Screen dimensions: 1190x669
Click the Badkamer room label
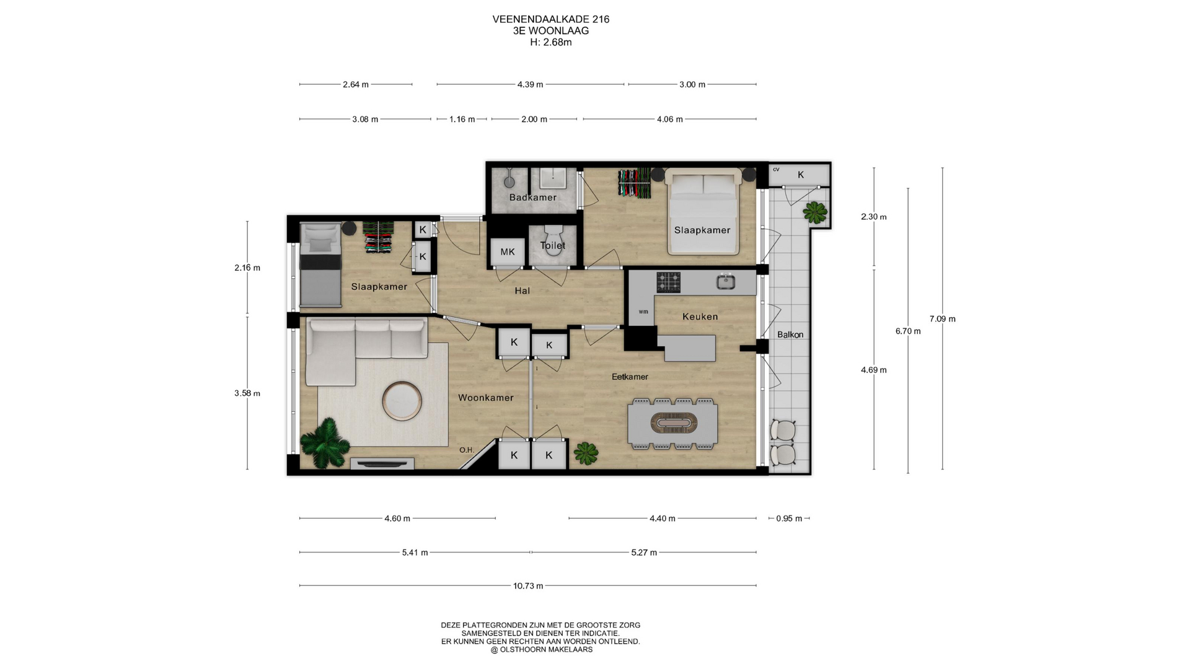pyautogui.click(x=532, y=198)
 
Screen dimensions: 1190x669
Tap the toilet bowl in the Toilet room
pyautogui.click(x=553, y=238)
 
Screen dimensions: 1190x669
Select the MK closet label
pyautogui.click(x=508, y=251)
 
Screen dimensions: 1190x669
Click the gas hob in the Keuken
pyautogui.click(x=669, y=282)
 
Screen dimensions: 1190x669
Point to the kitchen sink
pyautogui.click(x=726, y=282)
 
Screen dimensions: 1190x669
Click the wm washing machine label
pyautogui.click(x=643, y=312)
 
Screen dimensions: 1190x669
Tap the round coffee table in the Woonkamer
pyautogui.click(x=402, y=400)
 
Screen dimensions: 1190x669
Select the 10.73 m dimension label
pyautogui.click(x=528, y=586)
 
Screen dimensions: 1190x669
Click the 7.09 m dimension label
pyautogui.click(x=942, y=319)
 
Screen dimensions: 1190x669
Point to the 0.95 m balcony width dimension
pyautogui.click(x=789, y=518)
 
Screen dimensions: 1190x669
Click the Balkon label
pyautogui.click(x=790, y=334)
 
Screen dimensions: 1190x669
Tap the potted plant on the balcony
pyautogui.click(x=815, y=212)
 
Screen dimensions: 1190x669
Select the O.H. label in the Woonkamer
pyautogui.click(x=467, y=450)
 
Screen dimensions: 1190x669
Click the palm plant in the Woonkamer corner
pyautogui.click(x=324, y=442)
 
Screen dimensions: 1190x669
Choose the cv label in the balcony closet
pyautogui.click(x=776, y=169)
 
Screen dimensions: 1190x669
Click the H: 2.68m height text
pyautogui.click(x=551, y=43)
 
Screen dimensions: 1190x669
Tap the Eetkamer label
pyautogui.click(x=630, y=377)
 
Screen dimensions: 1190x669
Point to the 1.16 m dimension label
pyautogui.click(x=462, y=119)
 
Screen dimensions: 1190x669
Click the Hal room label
pyautogui.click(x=522, y=291)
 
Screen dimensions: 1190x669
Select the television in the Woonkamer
pyautogui.click(x=382, y=463)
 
